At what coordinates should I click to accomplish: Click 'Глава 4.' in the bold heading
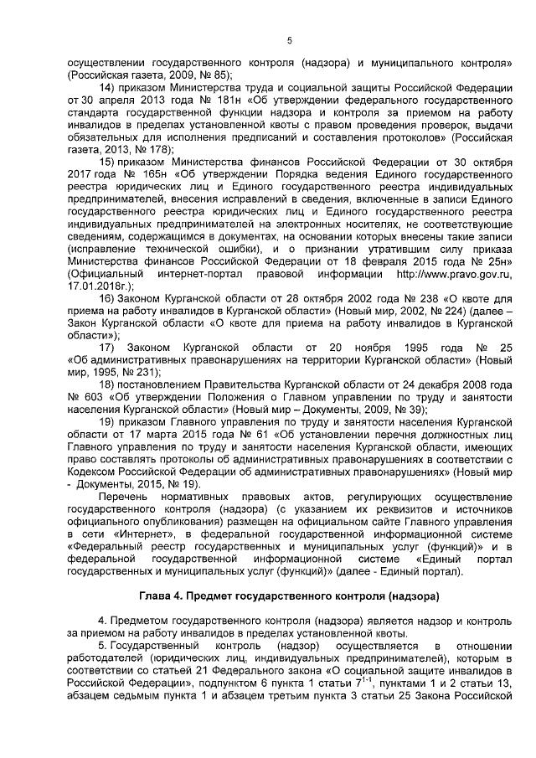click(x=164, y=596)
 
